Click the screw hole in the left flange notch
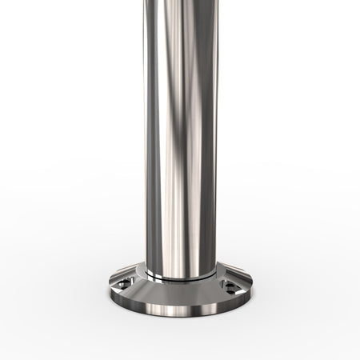(122, 283)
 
